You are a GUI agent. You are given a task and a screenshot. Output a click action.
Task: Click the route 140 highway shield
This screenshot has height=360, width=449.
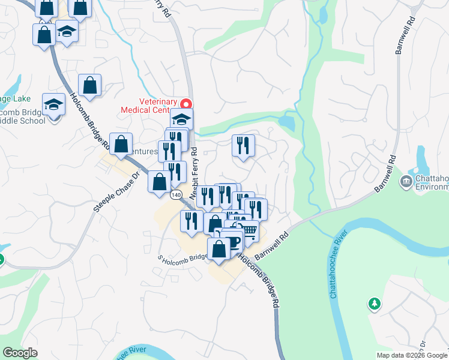click(176, 195)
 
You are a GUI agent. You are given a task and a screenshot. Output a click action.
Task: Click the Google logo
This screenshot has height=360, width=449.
click(20, 353)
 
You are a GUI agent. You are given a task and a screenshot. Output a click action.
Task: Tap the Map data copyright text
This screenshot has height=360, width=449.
click(412, 355)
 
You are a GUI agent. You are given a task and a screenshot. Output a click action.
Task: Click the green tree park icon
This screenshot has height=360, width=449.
click(375, 304)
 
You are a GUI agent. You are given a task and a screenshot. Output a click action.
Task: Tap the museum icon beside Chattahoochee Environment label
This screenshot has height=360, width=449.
click(406, 181)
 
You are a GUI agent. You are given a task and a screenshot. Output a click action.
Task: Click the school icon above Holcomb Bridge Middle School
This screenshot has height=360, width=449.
click(54, 104)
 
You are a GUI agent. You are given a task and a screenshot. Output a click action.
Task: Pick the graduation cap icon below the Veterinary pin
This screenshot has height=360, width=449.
click(182, 118)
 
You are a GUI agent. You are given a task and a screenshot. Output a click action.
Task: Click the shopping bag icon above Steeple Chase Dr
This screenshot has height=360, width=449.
click(121, 144)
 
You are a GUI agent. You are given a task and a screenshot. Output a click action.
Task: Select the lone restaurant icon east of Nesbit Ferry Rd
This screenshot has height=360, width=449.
click(243, 145)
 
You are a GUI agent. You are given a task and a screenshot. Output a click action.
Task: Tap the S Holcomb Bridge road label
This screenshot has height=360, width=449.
click(182, 257)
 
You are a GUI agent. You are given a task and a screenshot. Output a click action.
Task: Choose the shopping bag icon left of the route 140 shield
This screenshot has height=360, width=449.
click(160, 181)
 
